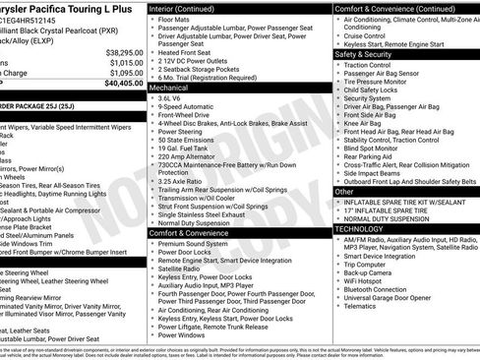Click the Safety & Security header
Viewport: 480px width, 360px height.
(x=370, y=54)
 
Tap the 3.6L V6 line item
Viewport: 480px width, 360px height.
(x=174, y=98)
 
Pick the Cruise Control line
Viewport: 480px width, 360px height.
(x=371, y=34)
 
